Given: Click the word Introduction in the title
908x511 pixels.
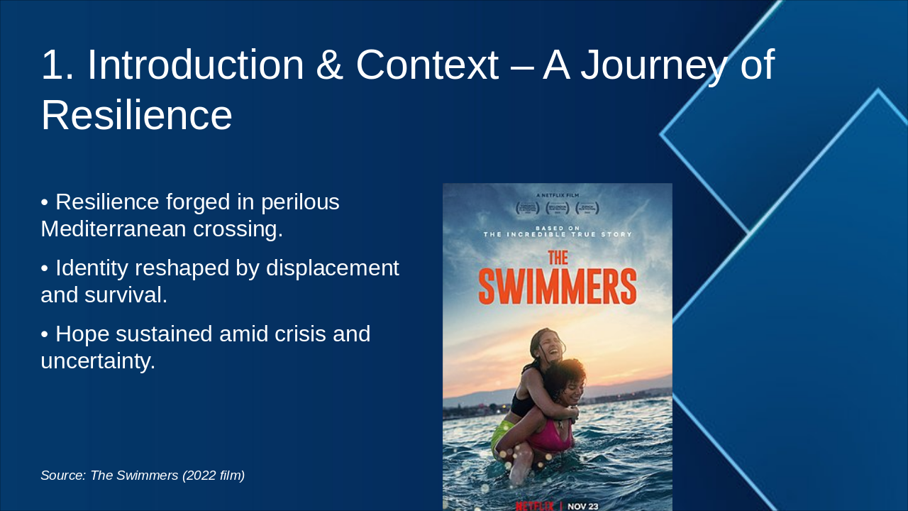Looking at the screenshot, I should point(195,65).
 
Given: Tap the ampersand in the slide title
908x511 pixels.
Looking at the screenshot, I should point(331,65).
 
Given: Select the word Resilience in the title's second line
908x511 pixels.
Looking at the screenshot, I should point(136,115).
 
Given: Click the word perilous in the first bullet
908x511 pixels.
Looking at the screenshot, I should point(300,202).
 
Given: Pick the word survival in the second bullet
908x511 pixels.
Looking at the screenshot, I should point(126,295).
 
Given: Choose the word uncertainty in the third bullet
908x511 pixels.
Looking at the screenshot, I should point(97,361).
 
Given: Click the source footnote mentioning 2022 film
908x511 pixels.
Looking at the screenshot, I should point(143,476).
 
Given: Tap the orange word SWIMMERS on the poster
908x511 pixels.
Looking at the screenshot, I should point(558,287).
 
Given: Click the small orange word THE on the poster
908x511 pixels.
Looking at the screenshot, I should point(558,259).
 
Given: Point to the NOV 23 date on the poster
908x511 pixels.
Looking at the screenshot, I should point(583,506).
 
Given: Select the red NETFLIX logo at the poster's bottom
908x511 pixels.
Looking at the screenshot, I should point(534,506).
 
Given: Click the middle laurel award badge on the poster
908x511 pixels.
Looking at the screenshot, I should point(558,208).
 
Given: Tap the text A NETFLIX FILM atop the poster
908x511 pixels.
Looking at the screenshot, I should point(558,194).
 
